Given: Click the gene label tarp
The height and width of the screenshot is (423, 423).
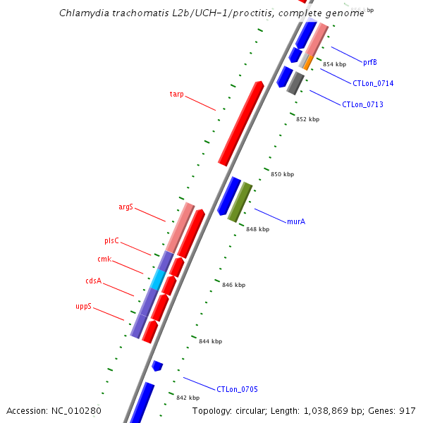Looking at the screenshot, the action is pyautogui.click(x=176, y=94).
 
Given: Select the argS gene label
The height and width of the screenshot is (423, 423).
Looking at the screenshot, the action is pyautogui.click(x=125, y=207).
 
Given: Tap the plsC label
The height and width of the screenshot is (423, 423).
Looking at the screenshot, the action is pyautogui.click(x=113, y=241).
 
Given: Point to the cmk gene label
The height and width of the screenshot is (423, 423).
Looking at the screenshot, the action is pyautogui.click(x=104, y=259).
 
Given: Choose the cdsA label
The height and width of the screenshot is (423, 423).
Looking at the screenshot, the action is pyautogui.click(x=94, y=281).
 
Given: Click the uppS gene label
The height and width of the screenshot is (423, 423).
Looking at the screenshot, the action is pyautogui.click(x=84, y=307).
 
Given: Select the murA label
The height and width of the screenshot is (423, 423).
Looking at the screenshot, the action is pyautogui.click(x=296, y=221).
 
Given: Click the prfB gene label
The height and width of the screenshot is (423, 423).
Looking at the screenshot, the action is pyautogui.click(x=370, y=62).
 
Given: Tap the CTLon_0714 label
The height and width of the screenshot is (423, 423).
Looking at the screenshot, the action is pyautogui.click(x=373, y=83).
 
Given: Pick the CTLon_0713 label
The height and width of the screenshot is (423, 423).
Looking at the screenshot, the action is pyautogui.click(x=362, y=105).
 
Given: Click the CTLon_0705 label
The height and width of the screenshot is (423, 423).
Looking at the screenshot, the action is pyautogui.click(x=237, y=389).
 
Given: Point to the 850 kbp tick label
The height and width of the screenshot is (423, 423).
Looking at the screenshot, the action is pyautogui.click(x=282, y=174).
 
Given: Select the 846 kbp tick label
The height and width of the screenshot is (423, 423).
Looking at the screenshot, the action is pyautogui.click(x=233, y=285).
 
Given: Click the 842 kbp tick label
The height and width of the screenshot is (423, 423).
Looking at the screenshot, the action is pyautogui.click(x=188, y=398).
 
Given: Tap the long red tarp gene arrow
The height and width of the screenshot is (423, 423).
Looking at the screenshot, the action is pyautogui.click(x=241, y=123).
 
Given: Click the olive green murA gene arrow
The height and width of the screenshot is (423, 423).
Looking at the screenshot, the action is pyautogui.click(x=240, y=202).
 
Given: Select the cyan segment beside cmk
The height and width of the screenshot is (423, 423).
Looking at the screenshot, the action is pyautogui.click(x=157, y=279).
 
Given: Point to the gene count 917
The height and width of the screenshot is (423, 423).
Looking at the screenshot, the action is pyautogui.click(x=407, y=410).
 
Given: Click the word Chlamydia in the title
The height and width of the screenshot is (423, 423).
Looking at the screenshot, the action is pyautogui.click(x=84, y=13).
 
